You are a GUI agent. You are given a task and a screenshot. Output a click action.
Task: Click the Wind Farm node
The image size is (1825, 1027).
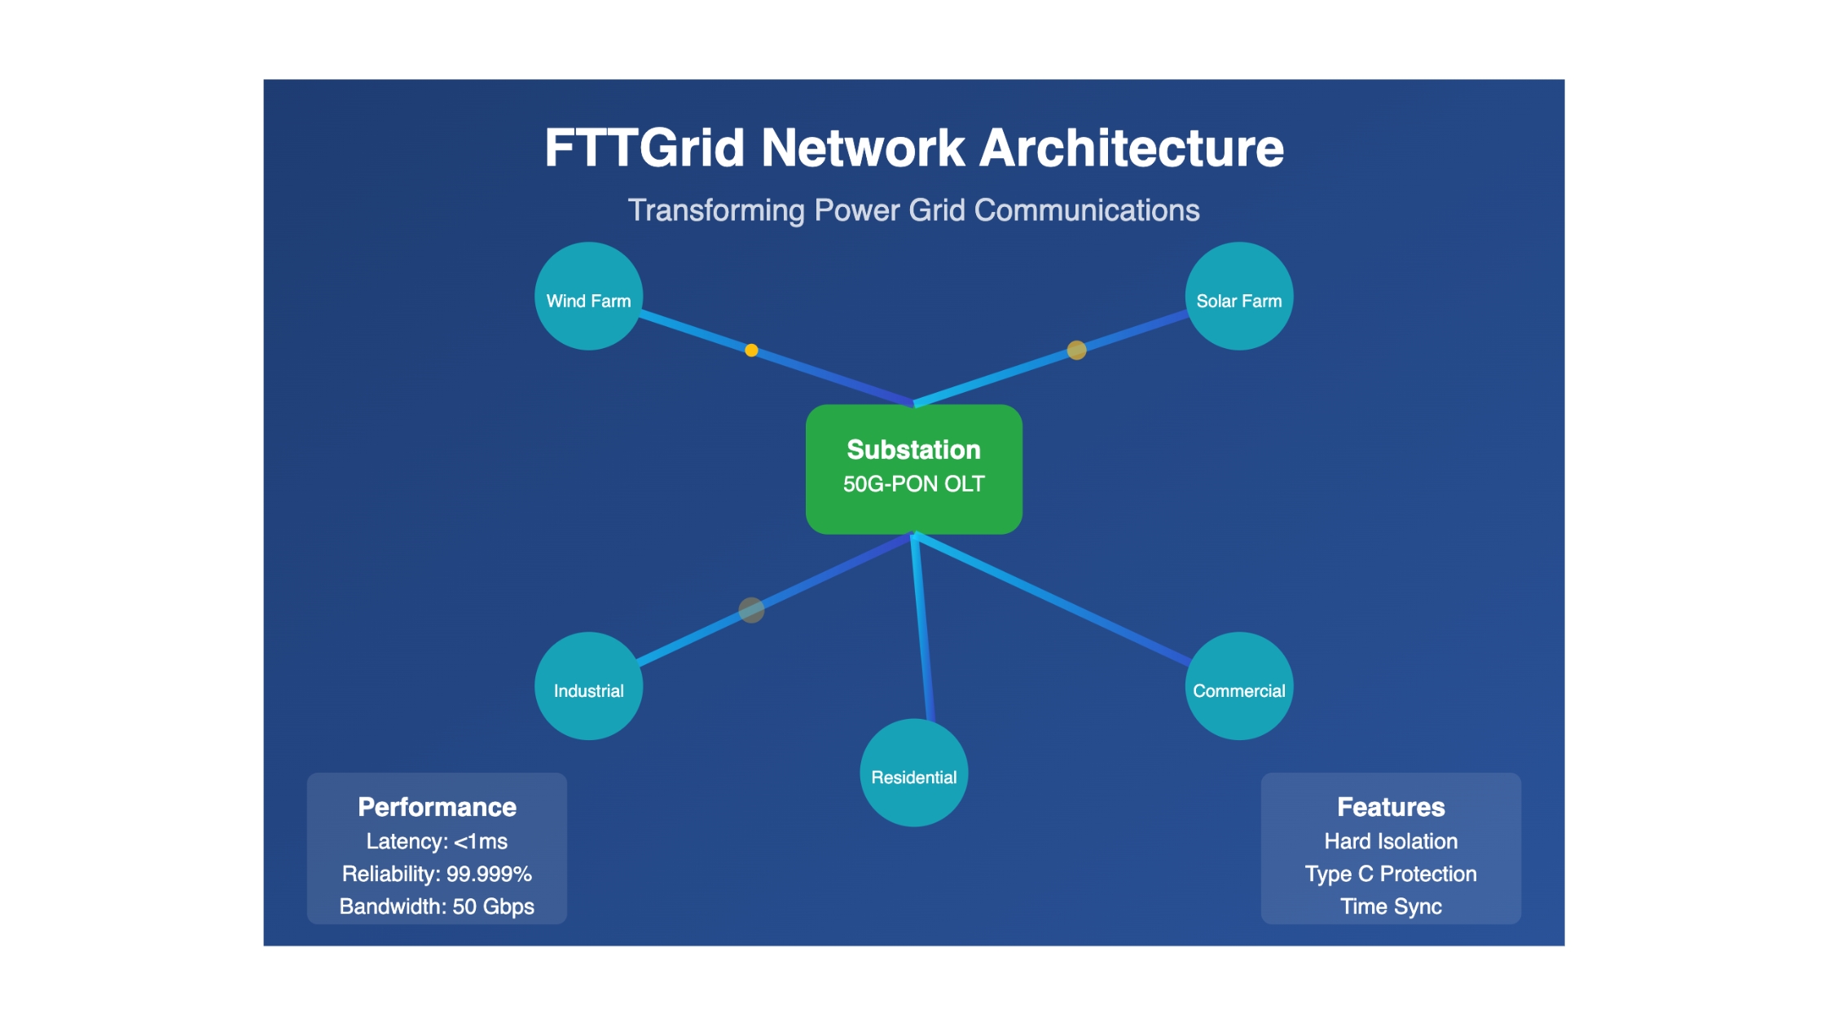[x=588, y=296]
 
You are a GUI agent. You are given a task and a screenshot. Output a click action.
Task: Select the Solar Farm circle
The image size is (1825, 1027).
[x=1238, y=296]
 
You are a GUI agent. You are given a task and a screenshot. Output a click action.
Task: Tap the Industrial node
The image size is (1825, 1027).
[x=588, y=685]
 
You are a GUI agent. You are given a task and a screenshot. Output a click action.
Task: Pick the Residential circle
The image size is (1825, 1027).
[x=913, y=773]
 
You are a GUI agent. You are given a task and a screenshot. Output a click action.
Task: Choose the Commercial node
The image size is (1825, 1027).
[x=1238, y=685]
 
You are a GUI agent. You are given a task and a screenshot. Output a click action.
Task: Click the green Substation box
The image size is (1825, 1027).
[x=913, y=469]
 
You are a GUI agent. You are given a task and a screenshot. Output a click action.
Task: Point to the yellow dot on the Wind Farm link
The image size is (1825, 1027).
[x=751, y=350]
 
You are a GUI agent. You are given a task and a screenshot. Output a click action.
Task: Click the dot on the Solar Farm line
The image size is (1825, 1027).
[x=1076, y=350]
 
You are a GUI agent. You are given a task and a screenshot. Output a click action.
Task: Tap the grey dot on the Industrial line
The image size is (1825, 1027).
[x=751, y=610]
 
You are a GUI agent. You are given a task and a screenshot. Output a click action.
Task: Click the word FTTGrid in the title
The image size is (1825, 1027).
[x=644, y=148]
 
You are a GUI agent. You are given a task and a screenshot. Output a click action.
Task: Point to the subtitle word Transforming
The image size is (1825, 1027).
[x=716, y=210]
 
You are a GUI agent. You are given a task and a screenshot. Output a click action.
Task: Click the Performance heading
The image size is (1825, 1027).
[x=437, y=807]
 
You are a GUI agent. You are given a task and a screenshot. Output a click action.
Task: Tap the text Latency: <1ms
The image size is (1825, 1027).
[x=437, y=841]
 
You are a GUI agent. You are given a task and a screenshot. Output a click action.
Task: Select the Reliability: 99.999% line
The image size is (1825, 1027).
[x=437, y=874]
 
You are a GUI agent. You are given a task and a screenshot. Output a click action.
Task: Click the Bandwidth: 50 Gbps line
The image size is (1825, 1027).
[x=437, y=906]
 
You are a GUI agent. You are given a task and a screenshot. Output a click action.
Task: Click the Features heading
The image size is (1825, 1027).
[x=1391, y=807]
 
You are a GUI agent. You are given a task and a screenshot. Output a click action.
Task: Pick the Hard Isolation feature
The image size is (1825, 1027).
[x=1391, y=841]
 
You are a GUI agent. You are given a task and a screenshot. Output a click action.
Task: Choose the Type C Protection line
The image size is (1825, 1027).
[x=1391, y=874]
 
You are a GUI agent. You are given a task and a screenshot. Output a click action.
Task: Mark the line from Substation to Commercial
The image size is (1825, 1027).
[x=1052, y=599]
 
